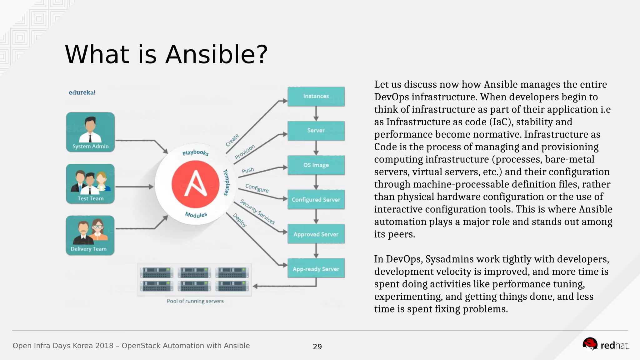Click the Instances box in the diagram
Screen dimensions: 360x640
[x=316, y=96]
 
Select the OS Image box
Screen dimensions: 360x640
[x=316, y=165]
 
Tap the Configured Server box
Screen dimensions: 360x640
[x=316, y=199]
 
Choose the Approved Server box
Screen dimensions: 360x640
[x=316, y=234]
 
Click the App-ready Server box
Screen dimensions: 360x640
[x=316, y=269]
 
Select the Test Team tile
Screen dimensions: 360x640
[x=90, y=184]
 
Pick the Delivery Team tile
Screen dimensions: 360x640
[x=90, y=235]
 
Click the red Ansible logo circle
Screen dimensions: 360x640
[x=195, y=184]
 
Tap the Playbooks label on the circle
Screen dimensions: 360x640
[x=195, y=152]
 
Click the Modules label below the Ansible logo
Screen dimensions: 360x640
[x=196, y=215]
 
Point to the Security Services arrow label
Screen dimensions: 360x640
[x=257, y=212]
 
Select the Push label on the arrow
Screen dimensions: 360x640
[x=248, y=170]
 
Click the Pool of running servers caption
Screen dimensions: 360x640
[x=195, y=301]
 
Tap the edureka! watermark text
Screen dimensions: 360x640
[x=82, y=92]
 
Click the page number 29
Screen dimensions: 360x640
[x=317, y=347]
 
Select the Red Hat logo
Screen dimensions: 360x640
[x=605, y=345]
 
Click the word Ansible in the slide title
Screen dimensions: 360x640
[x=216, y=54]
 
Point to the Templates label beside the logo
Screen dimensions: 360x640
[x=226, y=182]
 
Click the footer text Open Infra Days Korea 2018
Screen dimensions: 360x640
[x=63, y=346]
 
